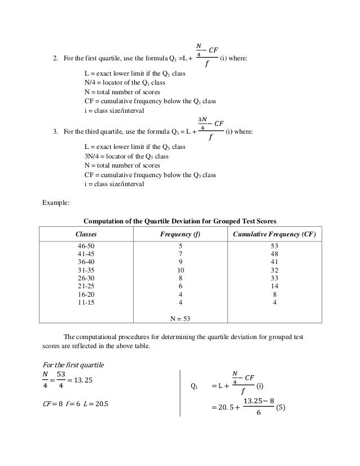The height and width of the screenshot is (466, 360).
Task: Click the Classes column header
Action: pyautogui.click(x=86, y=234)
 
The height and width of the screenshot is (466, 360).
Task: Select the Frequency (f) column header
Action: pyautogui.click(x=181, y=234)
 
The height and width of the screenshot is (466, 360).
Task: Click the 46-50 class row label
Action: pyautogui.click(x=86, y=247)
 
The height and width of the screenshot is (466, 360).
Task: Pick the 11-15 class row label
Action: pyautogui.click(x=86, y=302)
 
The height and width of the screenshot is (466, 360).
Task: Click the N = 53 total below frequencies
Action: pyautogui.click(x=181, y=319)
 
